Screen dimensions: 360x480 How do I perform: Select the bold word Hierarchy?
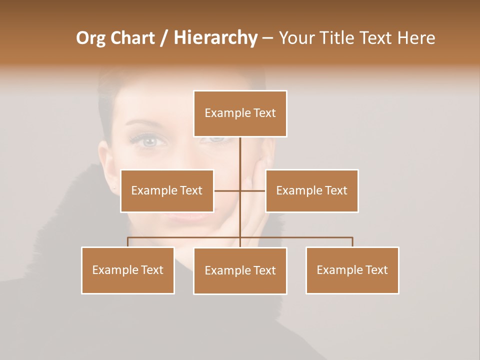pyautogui.click(x=215, y=38)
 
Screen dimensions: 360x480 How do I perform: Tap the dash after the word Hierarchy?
pyautogui.click(x=267, y=38)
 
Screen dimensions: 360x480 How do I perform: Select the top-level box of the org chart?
pyautogui.click(x=240, y=113)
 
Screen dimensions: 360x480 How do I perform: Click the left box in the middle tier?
pyautogui.click(x=167, y=190)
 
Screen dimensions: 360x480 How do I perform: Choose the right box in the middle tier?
pyautogui.click(x=311, y=190)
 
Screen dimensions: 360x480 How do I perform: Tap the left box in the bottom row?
pyautogui.click(x=128, y=270)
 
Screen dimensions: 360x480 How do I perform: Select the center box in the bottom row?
pyautogui.click(x=240, y=270)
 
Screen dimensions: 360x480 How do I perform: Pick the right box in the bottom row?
pyautogui.click(x=352, y=270)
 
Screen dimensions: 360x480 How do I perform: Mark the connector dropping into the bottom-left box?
pyautogui.click(x=128, y=242)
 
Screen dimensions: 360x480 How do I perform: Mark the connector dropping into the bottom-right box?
pyautogui.click(x=352, y=242)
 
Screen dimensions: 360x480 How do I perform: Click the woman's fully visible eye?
pyautogui.click(x=148, y=141)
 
